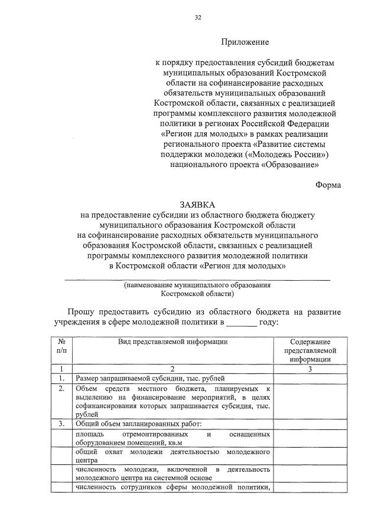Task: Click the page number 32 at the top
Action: [198, 18]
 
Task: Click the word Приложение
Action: [245, 42]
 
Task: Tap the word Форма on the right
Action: [328, 185]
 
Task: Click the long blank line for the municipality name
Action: [197, 278]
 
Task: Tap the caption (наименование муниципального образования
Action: [197, 285]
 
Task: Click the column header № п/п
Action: [61, 346]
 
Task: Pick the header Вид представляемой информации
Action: [172, 341]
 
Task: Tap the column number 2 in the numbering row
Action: [172, 369]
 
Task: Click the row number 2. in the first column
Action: [61, 389]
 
